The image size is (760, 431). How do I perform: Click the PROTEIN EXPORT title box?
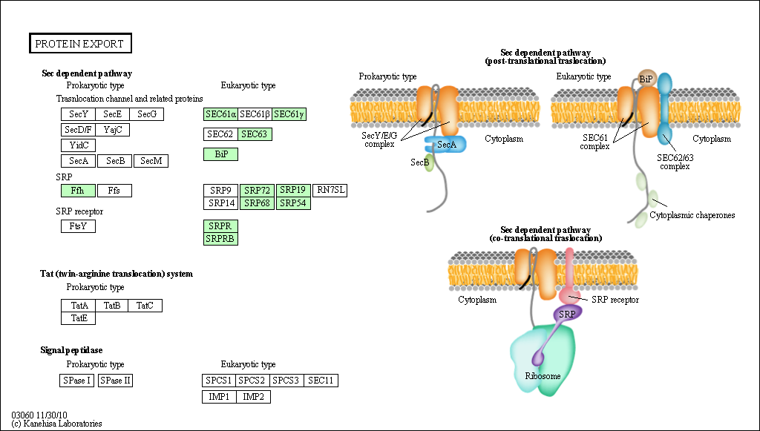[x=80, y=44]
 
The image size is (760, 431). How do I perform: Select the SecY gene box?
[x=79, y=114]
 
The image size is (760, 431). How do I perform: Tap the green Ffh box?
[x=78, y=191]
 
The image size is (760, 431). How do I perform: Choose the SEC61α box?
[x=221, y=114]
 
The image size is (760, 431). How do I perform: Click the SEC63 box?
[x=255, y=134]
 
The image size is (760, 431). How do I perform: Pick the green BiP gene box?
[x=221, y=154]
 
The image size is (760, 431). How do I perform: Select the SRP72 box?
[x=257, y=191]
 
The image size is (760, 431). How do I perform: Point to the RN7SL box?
[x=330, y=191]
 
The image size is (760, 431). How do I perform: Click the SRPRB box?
[x=221, y=239]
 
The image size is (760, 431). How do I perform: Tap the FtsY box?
[x=78, y=226]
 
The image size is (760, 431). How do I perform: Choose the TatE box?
[x=79, y=318]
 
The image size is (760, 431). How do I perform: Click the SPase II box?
[x=115, y=381]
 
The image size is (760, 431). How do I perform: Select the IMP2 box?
[x=254, y=397]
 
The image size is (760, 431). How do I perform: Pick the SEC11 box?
[x=321, y=381]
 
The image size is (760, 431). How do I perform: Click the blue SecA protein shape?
[x=446, y=145]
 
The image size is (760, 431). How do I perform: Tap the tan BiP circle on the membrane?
[x=646, y=79]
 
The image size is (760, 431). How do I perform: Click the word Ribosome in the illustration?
[x=543, y=376]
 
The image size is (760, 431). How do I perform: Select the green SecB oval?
[x=428, y=163]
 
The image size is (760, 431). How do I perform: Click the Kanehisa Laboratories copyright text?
[x=56, y=424]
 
